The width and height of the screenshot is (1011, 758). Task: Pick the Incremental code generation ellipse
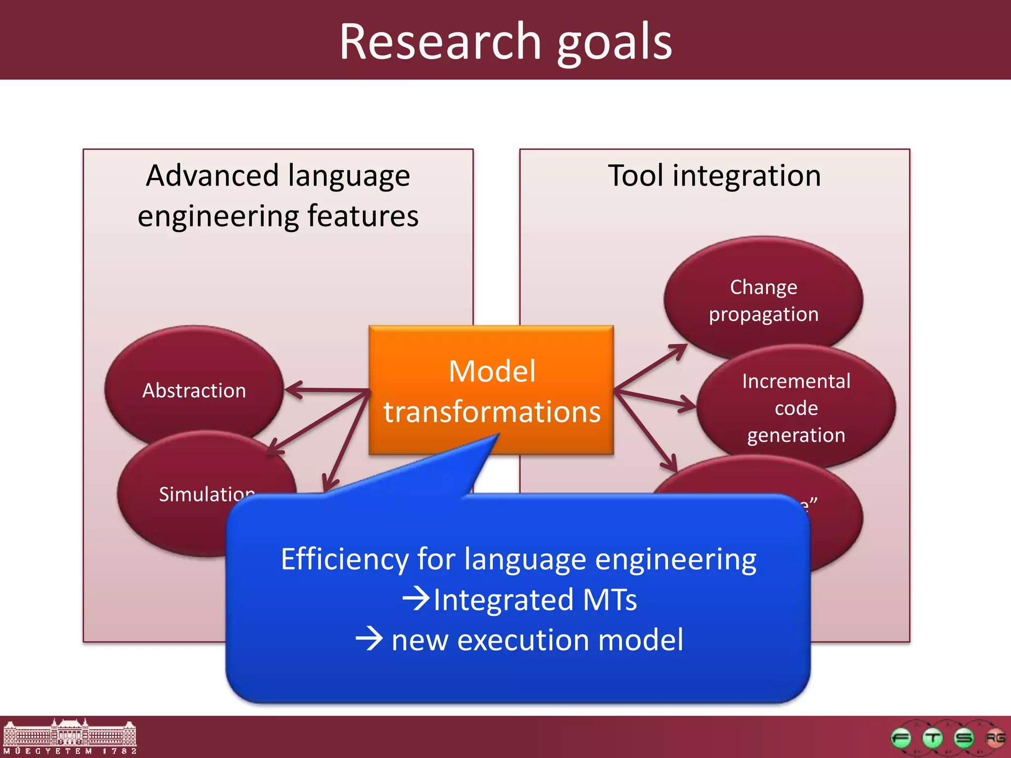(796, 408)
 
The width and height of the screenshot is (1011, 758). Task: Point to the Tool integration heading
(714, 176)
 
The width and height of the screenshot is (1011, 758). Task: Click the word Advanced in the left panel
(213, 176)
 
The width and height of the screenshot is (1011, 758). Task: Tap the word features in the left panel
(363, 216)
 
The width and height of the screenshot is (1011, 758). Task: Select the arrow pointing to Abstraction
(326, 390)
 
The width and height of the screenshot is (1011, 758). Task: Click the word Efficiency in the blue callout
(345, 559)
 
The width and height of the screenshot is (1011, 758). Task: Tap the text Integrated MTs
(535, 600)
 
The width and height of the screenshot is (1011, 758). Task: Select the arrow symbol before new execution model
(369, 639)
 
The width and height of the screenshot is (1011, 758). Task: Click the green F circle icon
(901, 738)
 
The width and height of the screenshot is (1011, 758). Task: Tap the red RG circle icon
(995, 738)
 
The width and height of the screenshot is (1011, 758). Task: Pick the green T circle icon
(933, 738)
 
